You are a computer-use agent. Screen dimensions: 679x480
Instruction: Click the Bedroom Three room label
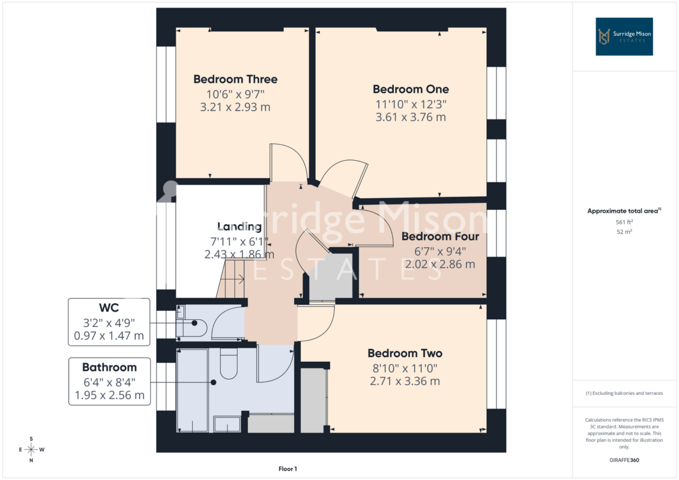235,79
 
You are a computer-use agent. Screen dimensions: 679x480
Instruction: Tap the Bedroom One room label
411,89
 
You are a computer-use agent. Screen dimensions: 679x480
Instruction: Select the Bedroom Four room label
440,236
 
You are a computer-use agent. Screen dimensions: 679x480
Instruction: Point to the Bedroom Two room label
405,353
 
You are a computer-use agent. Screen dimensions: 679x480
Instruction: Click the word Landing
239,226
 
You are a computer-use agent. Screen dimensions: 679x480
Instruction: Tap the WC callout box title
109,308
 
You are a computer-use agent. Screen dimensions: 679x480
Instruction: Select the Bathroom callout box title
109,367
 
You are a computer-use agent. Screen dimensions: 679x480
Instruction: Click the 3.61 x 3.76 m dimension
411,117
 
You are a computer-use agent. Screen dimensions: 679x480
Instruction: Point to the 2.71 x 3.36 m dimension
405,382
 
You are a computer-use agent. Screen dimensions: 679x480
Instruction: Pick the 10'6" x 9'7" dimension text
235,94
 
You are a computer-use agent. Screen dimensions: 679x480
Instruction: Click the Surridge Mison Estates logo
624,37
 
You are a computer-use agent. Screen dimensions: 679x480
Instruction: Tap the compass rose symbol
31,449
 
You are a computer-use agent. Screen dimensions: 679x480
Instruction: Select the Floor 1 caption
288,469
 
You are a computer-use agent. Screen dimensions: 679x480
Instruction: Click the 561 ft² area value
624,222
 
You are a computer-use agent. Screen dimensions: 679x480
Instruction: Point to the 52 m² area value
624,232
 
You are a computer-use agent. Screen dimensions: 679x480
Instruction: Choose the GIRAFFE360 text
624,460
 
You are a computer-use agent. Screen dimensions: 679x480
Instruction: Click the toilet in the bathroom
229,364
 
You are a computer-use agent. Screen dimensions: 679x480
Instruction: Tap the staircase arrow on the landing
237,279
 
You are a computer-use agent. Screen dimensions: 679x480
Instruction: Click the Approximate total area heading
624,211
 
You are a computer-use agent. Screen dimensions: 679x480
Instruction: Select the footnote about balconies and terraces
624,394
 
